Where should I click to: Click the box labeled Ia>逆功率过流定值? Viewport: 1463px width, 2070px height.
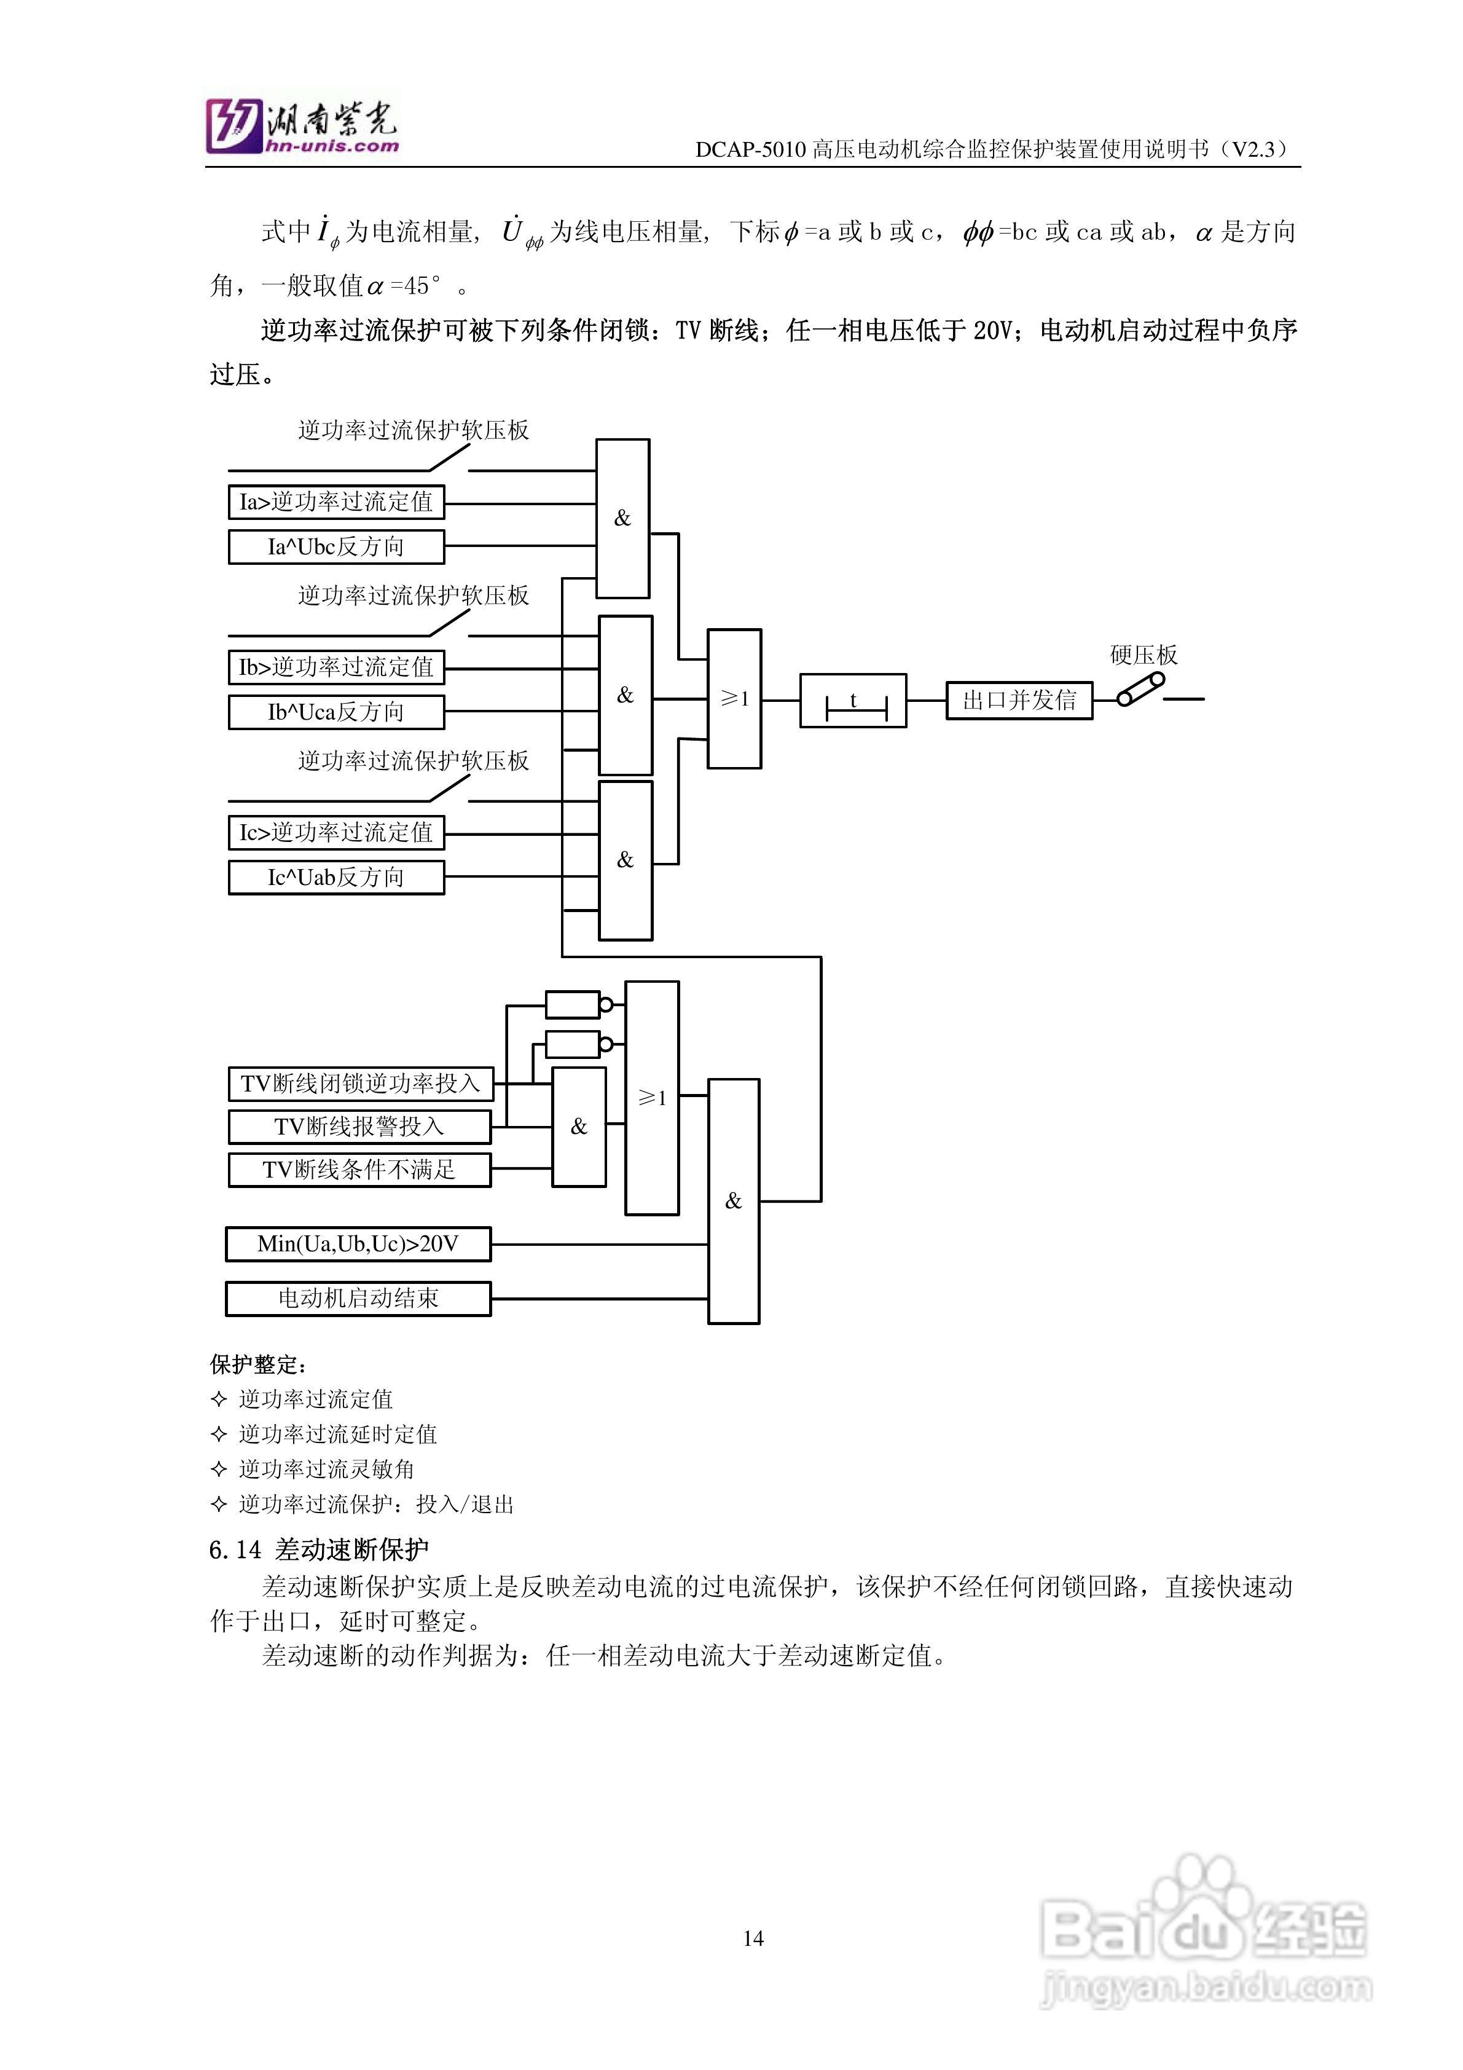pos(336,502)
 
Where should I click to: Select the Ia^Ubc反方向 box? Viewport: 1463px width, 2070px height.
pos(336,546)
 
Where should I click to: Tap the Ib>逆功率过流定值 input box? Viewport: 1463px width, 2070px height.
pos(336,667)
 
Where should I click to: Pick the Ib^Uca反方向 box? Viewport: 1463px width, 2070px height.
pos(336,712)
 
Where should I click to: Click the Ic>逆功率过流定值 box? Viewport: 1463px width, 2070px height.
pos(336,832)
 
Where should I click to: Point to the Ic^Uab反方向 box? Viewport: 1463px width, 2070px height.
pos(336,877)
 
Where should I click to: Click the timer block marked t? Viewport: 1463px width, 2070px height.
pos(853,701)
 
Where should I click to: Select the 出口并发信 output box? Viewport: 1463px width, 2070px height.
pos(1019,701)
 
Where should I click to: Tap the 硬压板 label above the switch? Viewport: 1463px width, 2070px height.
pos(1143,655)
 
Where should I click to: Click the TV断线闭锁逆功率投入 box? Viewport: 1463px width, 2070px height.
pos(361,1083)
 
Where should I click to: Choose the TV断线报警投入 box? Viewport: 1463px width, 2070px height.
pos(359,1126)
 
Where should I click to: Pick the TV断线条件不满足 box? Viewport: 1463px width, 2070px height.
pos(359,1170)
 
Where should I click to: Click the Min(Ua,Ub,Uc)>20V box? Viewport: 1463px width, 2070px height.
pos(358,1244)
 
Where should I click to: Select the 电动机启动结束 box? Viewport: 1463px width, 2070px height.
pos(358,1298)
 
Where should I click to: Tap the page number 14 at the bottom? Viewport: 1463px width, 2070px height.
pos(753,1938)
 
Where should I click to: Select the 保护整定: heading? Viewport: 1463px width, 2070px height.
pos(259,1364)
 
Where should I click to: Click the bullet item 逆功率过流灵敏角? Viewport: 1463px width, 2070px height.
pos(326,1469)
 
